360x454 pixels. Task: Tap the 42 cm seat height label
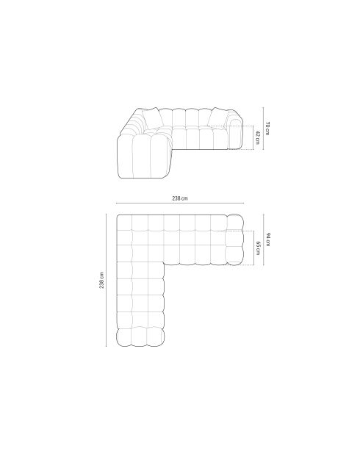(x=256, y=137)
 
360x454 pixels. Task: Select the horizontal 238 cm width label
(x=180, y=198)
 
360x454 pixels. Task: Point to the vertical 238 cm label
(x=102, y=280)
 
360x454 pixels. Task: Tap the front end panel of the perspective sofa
(x=144, y=156)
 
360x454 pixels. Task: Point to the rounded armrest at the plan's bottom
(x=140, y=337)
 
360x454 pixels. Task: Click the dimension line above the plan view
(x=180, y=205)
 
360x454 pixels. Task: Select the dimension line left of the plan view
(x=109, y=280)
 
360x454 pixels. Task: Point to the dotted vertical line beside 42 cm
(x=251, y=137)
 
